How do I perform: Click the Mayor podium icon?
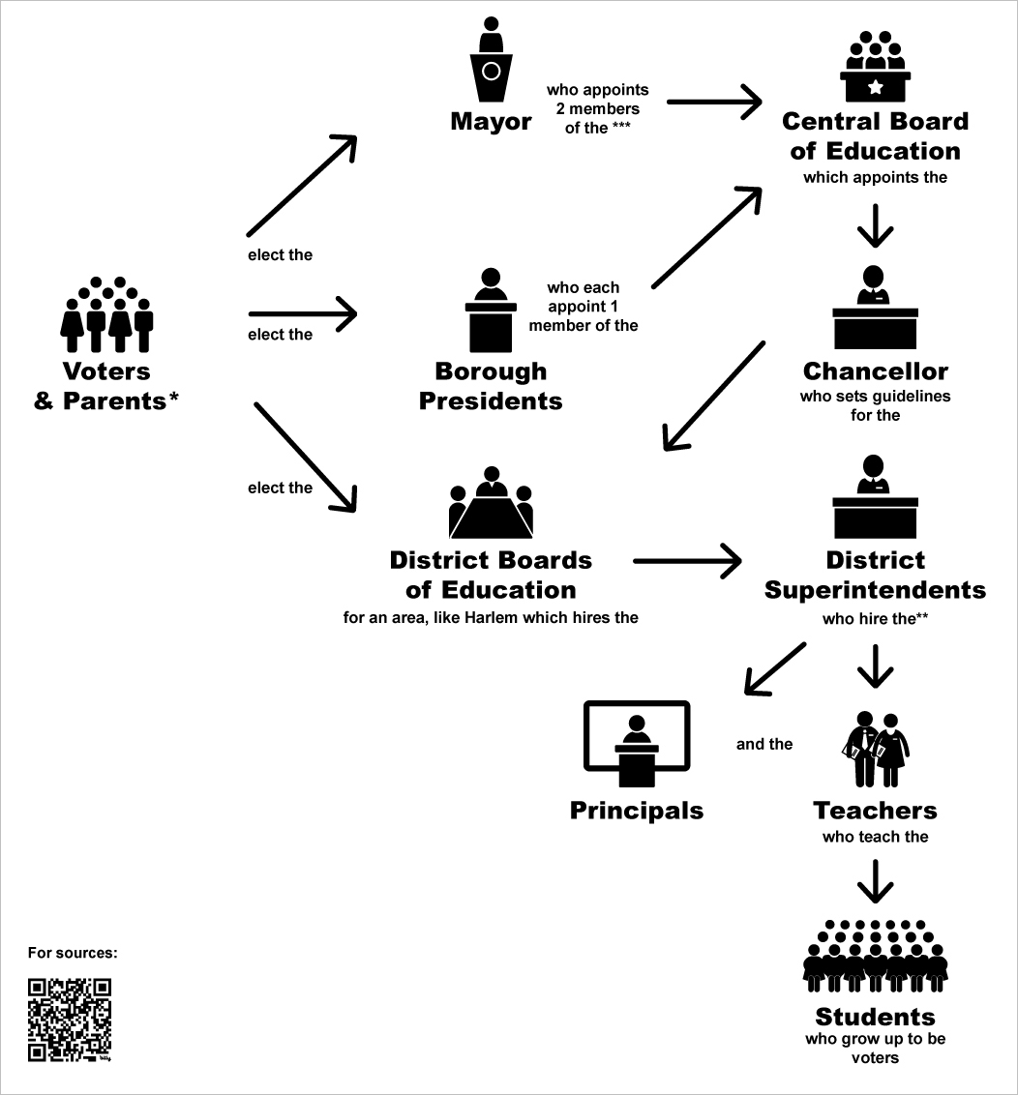tap(491, 63)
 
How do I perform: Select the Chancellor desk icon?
tap(875, 310)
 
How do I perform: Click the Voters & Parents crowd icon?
tap(107, 315)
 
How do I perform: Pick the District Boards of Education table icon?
tap(492, 504)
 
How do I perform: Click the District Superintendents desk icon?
tap(875, 497)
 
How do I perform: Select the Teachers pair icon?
tap(876, 750)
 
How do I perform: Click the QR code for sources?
tap(69, 1020)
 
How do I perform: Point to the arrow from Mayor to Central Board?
tap(714, 102)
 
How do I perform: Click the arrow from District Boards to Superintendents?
tap(686, 560)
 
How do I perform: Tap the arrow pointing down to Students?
tap(876, 879)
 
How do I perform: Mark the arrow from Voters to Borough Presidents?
tap(303, 312)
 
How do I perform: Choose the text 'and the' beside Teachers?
tap(764, 744)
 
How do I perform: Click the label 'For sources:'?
tap(73, 953)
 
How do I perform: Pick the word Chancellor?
tap(875, 371)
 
